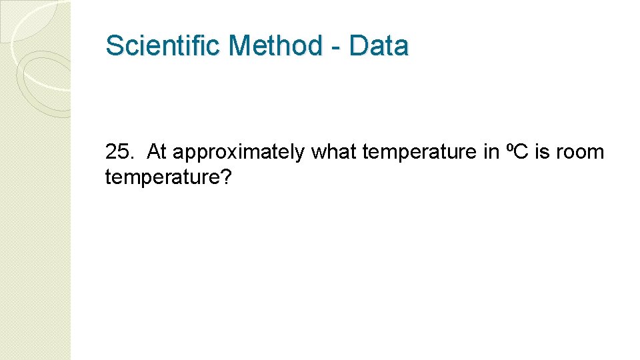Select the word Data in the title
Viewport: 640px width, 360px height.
click(378, 46)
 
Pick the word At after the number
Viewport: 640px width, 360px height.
click(156, 152)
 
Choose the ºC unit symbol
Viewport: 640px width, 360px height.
click(515, 152)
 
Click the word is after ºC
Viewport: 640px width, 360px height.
click(542, 152)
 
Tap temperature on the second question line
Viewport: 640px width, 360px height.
click(163, 177)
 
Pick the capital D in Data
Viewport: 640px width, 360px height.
click(358, 46)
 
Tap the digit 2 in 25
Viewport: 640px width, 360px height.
click(111, 152)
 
